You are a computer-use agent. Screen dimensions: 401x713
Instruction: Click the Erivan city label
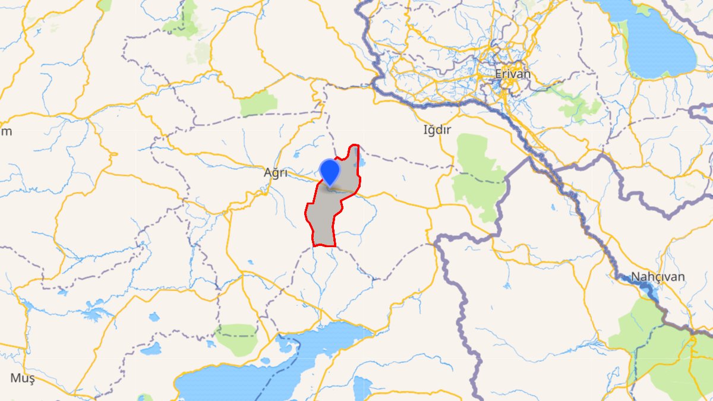(x=513, y=74)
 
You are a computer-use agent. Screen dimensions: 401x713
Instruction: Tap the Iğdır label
(x=436, y=130)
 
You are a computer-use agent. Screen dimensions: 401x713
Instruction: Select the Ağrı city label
(x=276, y=173)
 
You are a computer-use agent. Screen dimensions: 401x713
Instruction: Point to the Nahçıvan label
(x=658, y=277)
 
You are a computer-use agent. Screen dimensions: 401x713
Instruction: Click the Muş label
(x=23, y=378)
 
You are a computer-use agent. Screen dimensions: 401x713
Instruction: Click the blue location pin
(x=329, y=171)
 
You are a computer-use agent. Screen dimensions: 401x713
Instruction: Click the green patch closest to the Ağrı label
(x=259, y=103)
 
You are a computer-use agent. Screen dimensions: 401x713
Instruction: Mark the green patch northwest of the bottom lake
(x=236, y=339)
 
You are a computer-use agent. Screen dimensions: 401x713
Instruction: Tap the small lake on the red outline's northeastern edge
(x=361, y=160)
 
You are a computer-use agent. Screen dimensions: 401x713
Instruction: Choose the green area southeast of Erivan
(x=579, y=107)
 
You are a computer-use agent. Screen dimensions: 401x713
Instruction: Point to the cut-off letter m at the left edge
(x=5, y=131)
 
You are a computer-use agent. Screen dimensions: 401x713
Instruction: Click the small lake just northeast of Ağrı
(x=296, y=154)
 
